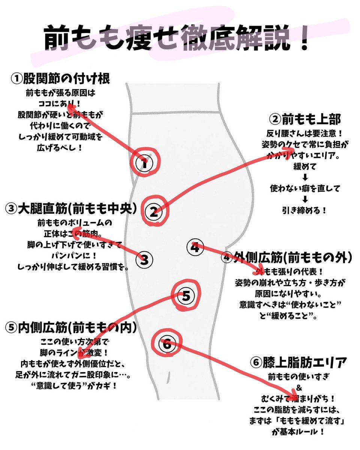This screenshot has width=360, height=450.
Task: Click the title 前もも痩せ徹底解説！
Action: pos(176,39)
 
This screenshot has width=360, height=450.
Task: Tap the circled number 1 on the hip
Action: pos(145,163)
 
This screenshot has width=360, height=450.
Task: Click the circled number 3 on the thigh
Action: pos(145,259)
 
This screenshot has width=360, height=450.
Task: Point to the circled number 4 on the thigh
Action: pos(194,247)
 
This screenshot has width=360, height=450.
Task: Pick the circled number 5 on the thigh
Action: pos(186,296)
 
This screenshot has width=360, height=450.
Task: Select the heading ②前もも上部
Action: pos(305,119)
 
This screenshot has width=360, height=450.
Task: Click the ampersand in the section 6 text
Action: pos(299,386)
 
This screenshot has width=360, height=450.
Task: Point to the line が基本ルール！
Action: pos(298,432)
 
